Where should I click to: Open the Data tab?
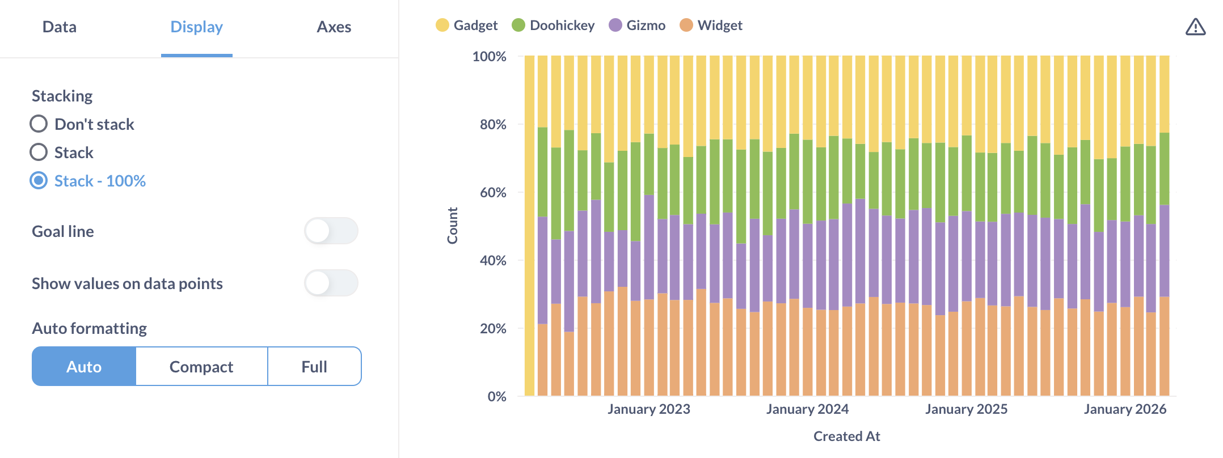click(60, 27)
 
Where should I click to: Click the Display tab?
click(196, 27)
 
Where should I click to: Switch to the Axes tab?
click(334, 27)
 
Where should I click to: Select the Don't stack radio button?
click(39, 124)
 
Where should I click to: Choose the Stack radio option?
click(39, 152)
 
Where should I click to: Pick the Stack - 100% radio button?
click(39, 180)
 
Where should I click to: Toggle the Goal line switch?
click(331, 231)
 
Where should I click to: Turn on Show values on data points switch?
click(331, 283)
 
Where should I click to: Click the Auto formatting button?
click(84, 367)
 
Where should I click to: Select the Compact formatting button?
click(201, 367)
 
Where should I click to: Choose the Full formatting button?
click(314, 367)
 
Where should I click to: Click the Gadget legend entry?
click(467, 26)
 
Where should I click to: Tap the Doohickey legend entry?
click(553, 26)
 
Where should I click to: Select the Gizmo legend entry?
click(637, 26)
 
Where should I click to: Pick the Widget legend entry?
click(711, 26)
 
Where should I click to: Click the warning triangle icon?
click(1195, 27)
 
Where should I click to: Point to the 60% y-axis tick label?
click(493, 192)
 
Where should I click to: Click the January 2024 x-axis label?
click(807, 409)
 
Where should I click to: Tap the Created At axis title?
click(846, 436)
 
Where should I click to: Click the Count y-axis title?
click(452, 226)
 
